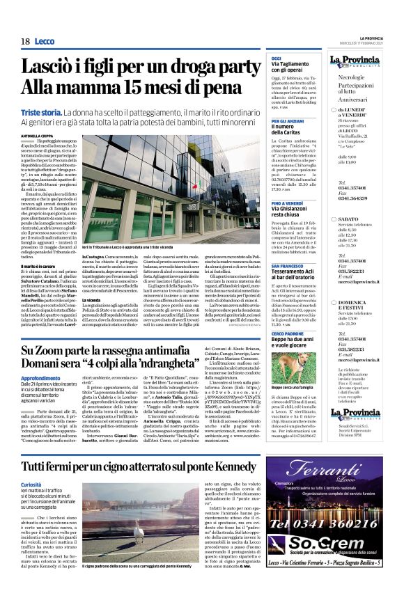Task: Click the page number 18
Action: [x=25, y=42]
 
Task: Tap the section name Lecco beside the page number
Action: [x=45, y=42]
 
